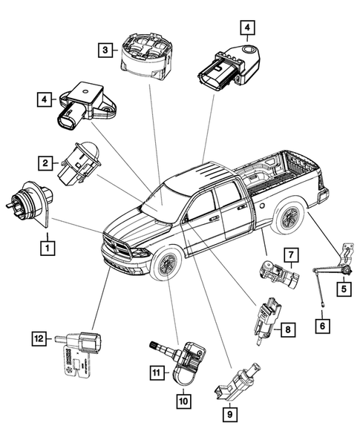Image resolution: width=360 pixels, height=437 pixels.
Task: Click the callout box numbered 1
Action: tap(47, 244)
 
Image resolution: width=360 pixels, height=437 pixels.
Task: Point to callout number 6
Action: tap(321, 324)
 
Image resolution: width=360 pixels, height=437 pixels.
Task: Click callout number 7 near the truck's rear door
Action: tap(291, 257)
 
